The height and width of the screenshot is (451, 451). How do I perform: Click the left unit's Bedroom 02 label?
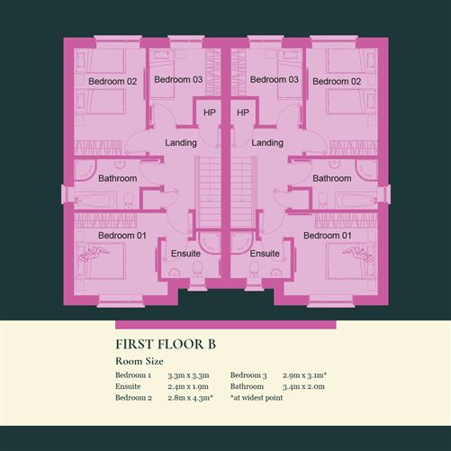[113, 81]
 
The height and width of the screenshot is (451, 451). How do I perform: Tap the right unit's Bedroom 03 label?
[275, 79]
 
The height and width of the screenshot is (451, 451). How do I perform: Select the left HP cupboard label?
[210, 113]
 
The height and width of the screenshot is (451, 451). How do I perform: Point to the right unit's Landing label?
[267, 142]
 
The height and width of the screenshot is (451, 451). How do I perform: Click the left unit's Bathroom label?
[118, 178]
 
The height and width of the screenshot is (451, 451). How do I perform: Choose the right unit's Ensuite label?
[265, 254]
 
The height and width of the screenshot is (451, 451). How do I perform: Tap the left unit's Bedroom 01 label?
[122, 236]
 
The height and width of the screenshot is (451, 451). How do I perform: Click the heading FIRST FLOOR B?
[166, 344]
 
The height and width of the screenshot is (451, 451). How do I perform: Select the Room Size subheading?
[140, 361]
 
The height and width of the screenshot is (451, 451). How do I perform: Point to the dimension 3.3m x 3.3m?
[188, 375]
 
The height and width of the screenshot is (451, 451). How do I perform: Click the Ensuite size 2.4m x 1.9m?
[188, 386]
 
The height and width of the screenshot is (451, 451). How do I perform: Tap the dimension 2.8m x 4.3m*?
[191, 398]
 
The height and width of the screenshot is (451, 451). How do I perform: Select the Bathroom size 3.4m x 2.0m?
[303, 386]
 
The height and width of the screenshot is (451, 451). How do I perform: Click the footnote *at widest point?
[257, 398]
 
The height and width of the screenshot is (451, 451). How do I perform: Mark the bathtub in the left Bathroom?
[95, 200]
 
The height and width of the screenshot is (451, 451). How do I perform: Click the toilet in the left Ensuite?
[197, 269]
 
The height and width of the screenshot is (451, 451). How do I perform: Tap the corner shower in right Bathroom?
[365, 169]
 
